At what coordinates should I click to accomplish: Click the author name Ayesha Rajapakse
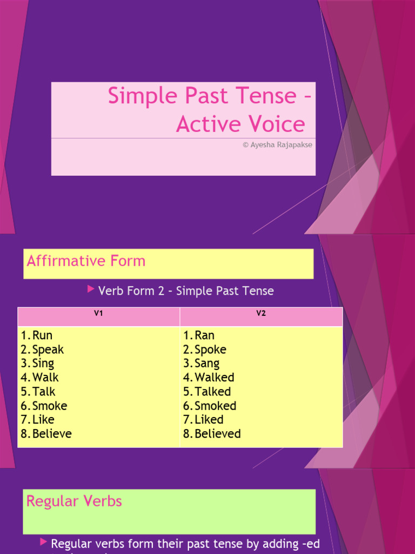[281, 145]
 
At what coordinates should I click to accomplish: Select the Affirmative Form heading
[86, 261]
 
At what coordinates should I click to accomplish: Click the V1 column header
[98, 313]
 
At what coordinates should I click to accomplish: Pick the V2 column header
[261, 313]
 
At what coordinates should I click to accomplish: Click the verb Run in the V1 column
[42, 335]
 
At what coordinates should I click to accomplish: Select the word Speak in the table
[48, 349]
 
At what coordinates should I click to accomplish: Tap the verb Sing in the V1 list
[43, 364]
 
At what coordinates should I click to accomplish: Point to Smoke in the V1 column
[50, 406]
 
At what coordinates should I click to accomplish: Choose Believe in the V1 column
[52, 434]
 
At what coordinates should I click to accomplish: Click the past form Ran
[204, 335]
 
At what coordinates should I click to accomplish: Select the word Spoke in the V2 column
[210, 349]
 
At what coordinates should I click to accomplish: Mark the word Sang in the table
[207, 364]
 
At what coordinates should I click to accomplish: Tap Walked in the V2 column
[214, 378]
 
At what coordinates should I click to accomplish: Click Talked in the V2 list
[212, 392]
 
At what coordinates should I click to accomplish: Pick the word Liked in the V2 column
[209, 420]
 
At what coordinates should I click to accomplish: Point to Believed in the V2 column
[217, 434]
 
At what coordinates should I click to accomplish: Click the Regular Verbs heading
[74, 502]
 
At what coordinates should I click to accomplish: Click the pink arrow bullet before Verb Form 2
[91, 290]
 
